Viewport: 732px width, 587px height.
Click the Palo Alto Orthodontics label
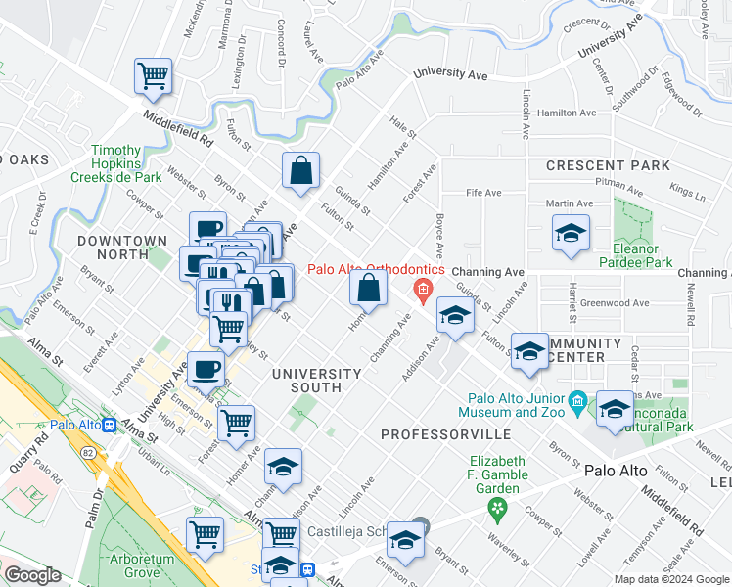[377, 269]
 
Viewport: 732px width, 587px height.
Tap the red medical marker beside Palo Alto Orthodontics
[423, 288]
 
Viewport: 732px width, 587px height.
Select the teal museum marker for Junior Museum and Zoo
[577, 400]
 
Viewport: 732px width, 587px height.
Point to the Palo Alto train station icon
[110, 426]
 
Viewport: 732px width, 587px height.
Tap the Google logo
[32, 576]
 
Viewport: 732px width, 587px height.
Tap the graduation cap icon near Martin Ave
[571, 235]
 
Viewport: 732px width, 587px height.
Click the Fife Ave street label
[476, 193]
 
